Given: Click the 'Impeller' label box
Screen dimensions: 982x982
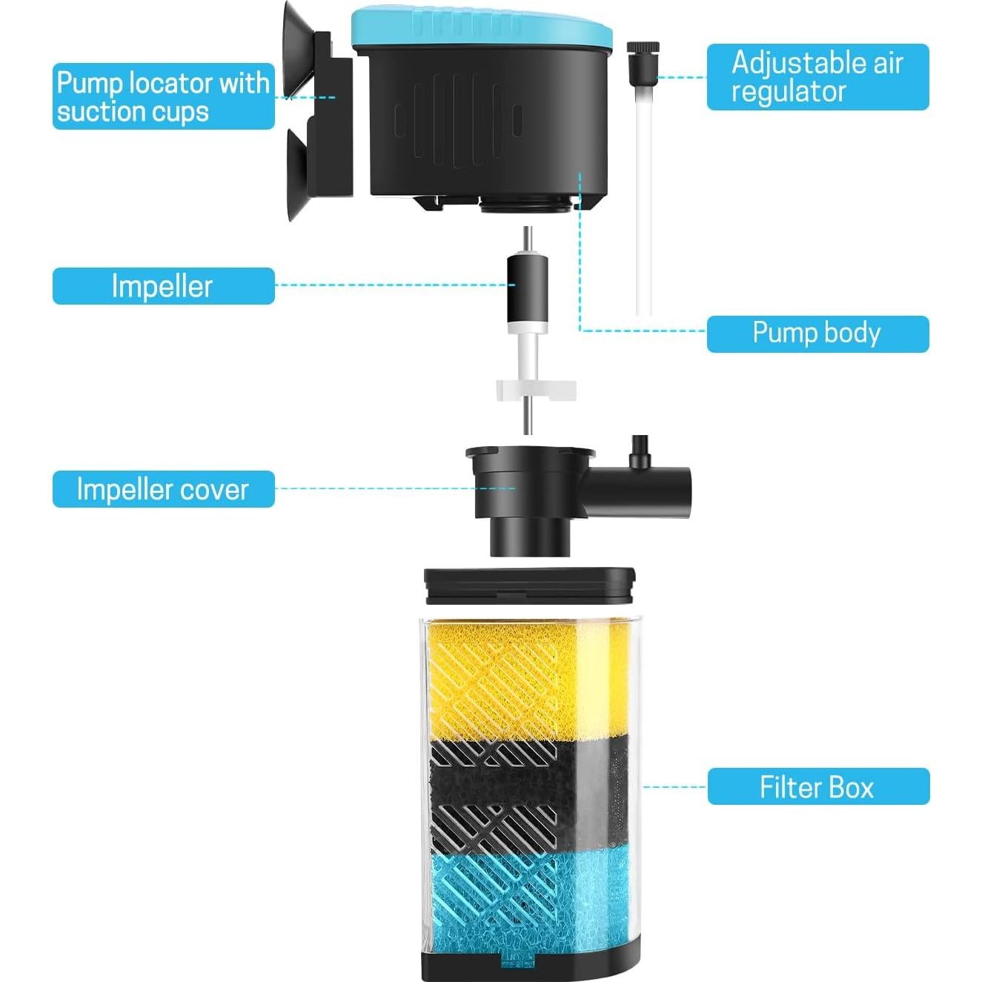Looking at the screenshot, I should point(163,286).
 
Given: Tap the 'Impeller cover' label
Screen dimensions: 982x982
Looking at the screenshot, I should point(163,489).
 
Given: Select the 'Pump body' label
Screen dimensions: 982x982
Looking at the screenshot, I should point(817,334).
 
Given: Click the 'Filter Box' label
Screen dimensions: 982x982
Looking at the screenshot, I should point(817,786).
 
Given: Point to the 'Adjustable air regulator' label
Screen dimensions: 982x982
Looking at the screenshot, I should point(817,77).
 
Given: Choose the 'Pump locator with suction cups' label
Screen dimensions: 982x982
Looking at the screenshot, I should point(163,96).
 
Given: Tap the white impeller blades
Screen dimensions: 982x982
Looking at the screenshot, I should point(535,389).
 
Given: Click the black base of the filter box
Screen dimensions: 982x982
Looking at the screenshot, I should point(529,967).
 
